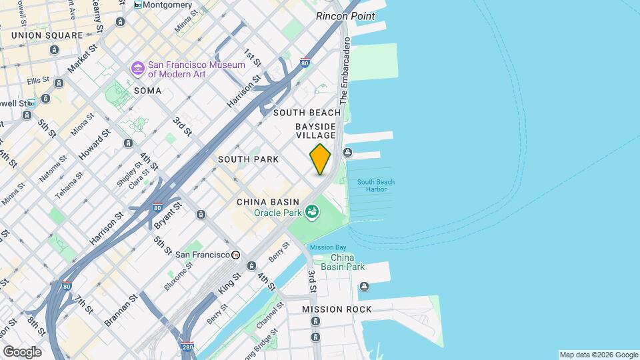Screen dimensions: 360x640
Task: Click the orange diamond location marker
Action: (321, 160)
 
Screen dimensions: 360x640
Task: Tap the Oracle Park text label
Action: (278, 213)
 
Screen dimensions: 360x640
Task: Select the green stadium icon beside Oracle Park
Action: (311, 213)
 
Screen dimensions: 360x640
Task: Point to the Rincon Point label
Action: (345, 16)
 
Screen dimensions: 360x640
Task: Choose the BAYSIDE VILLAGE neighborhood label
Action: (315, 131)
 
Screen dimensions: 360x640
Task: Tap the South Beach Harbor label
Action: (376, 185)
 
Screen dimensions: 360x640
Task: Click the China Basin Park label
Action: (343, 262)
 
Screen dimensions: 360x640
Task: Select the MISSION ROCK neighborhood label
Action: (337, 309)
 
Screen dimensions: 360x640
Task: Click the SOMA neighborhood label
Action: (147, 90)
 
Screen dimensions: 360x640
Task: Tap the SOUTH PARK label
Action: (248, 159)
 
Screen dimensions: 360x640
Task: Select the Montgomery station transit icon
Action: (138, 5)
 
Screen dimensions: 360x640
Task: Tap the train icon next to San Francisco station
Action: (235, 255)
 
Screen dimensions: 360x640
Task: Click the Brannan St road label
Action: (120, 310)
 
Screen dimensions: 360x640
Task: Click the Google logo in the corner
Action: (22, 351)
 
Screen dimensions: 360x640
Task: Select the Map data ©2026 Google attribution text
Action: (598, 355)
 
